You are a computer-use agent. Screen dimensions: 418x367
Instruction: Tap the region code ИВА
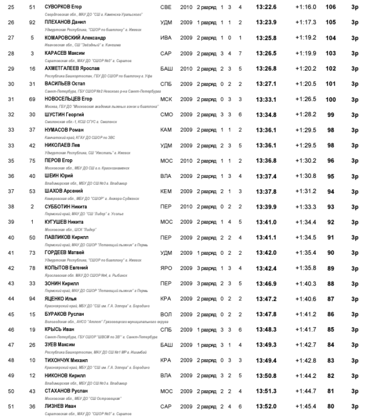[166, 38]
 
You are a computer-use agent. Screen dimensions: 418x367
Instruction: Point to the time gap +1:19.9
[306, 53]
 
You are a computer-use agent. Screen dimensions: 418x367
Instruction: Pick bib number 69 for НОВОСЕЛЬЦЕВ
[32, 99]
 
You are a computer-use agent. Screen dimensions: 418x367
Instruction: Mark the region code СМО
[166, 114]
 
